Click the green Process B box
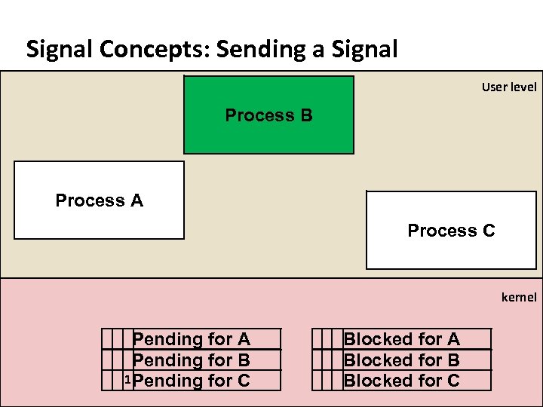coord(268,115)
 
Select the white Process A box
coord(99,200)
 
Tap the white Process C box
coord(451,231)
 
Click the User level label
coord(509,87)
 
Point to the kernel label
coord(519,297)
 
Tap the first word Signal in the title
coord(54,50)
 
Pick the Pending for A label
coord(192,339)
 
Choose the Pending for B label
coord(192,360)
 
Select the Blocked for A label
coord(401,339)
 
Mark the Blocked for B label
coord(401,360)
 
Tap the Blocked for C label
coord(401,381)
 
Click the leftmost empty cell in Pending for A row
coord(108,339)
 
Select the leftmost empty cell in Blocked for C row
coord(317,381)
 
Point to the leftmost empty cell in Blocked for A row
coord(317,339)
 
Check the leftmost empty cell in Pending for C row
coord(108,381)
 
